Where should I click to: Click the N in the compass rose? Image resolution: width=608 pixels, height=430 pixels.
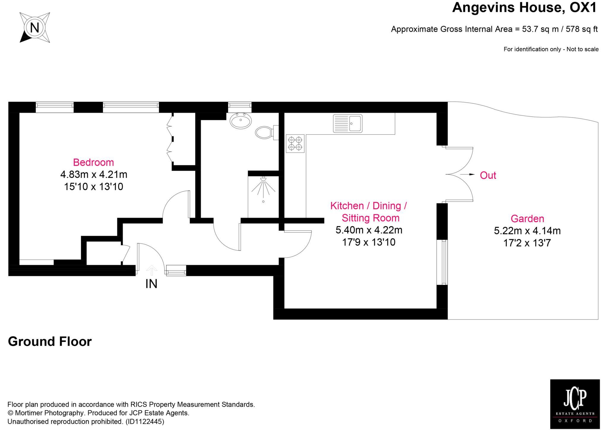click(x=35, y=28)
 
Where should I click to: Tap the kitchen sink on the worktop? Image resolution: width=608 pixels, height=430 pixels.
click(x=348, y=123)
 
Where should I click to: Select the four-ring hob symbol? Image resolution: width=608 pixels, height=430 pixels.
click(x=295, y=143)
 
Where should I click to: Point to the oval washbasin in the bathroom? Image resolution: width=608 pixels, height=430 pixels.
click(x=240, y=121)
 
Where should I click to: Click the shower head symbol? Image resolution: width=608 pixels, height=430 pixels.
click(x=263, y=179)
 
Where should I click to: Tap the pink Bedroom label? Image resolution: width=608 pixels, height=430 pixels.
click(x=94, y=162)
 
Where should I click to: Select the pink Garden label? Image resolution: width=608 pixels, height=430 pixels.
click(x=527, y=219)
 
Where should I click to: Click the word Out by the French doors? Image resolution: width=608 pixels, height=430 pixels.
click(x=488, y=175)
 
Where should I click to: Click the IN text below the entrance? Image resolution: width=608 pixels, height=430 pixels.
click(x=151, y=284)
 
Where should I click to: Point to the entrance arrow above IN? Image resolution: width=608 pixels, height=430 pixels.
click(x=151, y=270)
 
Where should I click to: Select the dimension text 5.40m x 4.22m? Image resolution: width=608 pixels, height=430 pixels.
click(x=369, y=230)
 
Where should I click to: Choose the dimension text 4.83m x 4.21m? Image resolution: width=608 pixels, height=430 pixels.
click(x=94, y=174)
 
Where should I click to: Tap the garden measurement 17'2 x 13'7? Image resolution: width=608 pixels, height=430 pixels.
click(x=527, y=243)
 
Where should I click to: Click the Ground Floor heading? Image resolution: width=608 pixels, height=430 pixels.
click(x=50, y=342)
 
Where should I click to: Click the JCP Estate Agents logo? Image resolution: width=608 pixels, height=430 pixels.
click(x=575, y=404)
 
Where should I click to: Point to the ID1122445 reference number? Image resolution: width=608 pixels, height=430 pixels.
click(x=145, y=421)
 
